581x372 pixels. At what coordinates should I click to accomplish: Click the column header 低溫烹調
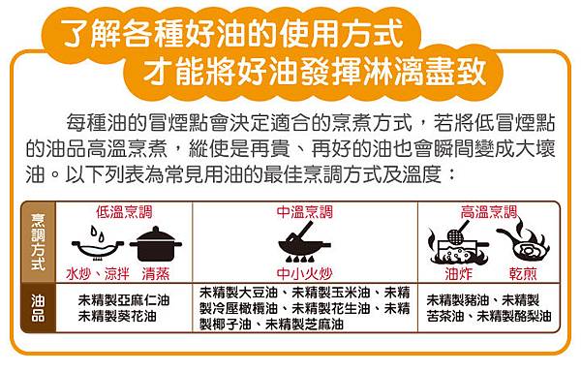124,212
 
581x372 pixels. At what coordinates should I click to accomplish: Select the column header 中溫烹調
305,212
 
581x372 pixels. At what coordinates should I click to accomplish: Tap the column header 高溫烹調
489,212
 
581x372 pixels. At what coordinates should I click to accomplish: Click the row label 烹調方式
38,242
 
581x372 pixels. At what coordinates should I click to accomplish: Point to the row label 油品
38,308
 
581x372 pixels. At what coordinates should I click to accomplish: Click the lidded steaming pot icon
156,243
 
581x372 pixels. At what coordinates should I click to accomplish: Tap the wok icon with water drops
98,246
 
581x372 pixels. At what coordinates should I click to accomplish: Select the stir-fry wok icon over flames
304,242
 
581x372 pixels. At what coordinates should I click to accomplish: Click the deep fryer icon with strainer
458,243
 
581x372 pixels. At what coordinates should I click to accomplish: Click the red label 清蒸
156,274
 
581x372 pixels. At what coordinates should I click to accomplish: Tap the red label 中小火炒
305,274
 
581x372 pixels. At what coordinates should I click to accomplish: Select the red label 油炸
459,274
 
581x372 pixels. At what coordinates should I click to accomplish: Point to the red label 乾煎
523,274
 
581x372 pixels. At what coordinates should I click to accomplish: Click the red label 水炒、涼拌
98,274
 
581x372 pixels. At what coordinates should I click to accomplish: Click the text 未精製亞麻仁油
124,300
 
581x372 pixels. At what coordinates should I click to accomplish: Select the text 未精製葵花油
117,317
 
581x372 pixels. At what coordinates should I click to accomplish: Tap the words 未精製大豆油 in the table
238,293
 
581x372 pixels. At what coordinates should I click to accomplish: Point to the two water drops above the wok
98,233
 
